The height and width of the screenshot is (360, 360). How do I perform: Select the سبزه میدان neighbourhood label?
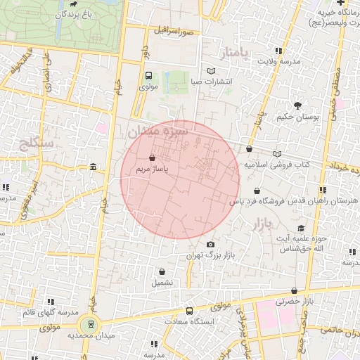(158, 131)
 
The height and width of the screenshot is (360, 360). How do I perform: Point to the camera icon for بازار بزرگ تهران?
(210, 245)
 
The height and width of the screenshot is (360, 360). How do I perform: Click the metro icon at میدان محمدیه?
(90, 324)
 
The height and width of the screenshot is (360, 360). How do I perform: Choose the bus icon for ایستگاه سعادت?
(188, 311)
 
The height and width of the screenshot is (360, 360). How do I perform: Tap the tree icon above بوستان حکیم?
(298, 105)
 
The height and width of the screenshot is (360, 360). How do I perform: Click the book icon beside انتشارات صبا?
(212, 71)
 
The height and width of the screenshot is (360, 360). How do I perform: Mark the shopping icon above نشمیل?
(162, 271)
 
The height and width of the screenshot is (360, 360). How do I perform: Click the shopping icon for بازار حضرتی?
(294, 290)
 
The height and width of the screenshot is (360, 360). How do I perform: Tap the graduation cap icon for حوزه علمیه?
(301, 229)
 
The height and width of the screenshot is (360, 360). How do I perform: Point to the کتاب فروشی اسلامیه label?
(277, 164)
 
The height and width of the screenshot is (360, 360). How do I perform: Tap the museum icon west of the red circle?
(94, 167)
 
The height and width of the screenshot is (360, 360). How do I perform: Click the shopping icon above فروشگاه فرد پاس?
(257, 191)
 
